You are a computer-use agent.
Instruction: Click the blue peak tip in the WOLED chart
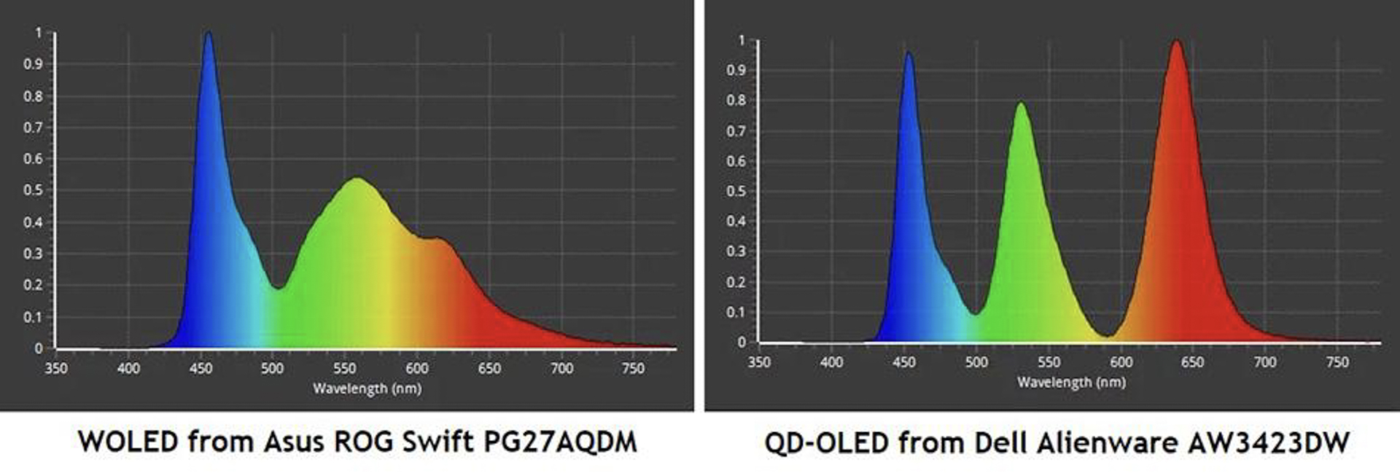209,34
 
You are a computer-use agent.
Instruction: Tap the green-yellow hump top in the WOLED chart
357,179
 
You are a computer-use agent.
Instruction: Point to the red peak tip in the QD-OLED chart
1176,42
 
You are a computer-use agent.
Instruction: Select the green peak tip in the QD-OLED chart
1021,103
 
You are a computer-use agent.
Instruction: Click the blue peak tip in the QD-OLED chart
909,53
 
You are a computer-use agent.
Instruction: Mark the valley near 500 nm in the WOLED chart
279,288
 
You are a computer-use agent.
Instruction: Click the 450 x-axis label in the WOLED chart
201,369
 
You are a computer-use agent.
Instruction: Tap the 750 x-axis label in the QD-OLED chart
1337,362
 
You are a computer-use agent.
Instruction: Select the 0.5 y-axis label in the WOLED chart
33,190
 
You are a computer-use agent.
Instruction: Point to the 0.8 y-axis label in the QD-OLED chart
736,101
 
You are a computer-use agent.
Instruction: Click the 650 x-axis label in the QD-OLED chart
1192,362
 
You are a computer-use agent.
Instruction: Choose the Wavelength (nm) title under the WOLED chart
367,388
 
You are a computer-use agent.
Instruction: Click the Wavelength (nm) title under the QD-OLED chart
1071,382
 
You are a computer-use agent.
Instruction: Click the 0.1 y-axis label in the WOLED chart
33,317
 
